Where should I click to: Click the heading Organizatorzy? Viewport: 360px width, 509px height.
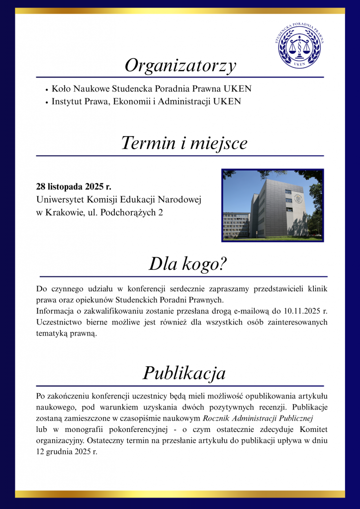point(180,66)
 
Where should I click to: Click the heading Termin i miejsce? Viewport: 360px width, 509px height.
point(184,143)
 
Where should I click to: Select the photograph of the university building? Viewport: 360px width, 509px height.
point(272,205)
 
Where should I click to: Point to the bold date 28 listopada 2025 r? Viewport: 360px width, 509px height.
point(74,187)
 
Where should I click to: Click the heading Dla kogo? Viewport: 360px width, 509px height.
point(187,264)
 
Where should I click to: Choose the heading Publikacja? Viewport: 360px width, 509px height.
point(184,373)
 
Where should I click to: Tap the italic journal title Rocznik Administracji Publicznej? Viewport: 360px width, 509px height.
point(258,418)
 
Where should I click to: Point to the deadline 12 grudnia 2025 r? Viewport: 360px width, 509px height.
point(67,451)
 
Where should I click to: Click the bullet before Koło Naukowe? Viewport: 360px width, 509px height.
point(46,90)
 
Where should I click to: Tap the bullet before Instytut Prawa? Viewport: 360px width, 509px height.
point(46,102)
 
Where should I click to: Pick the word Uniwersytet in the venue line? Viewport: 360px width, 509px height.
point(59,200)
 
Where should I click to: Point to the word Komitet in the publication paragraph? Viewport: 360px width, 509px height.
point(313,428)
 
